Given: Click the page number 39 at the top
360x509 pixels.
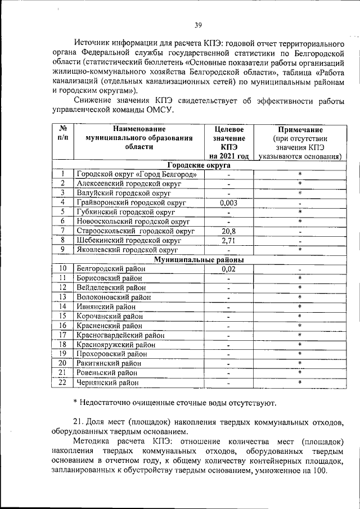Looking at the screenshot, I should point(198,25).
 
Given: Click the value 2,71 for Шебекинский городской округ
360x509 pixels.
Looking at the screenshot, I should point(228,240).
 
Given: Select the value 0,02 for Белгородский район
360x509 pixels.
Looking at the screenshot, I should point(228,269).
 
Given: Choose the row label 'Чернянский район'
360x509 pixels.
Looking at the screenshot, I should point(109,382).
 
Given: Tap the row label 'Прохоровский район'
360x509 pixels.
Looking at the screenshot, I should point(113,354).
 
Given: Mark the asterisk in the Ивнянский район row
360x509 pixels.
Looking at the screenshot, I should point(300,307).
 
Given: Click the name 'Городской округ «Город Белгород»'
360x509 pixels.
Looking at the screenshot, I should point(136,174).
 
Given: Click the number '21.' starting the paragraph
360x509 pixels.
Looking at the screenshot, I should point(78,422).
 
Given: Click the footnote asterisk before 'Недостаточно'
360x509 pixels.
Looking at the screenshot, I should point(75,403).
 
